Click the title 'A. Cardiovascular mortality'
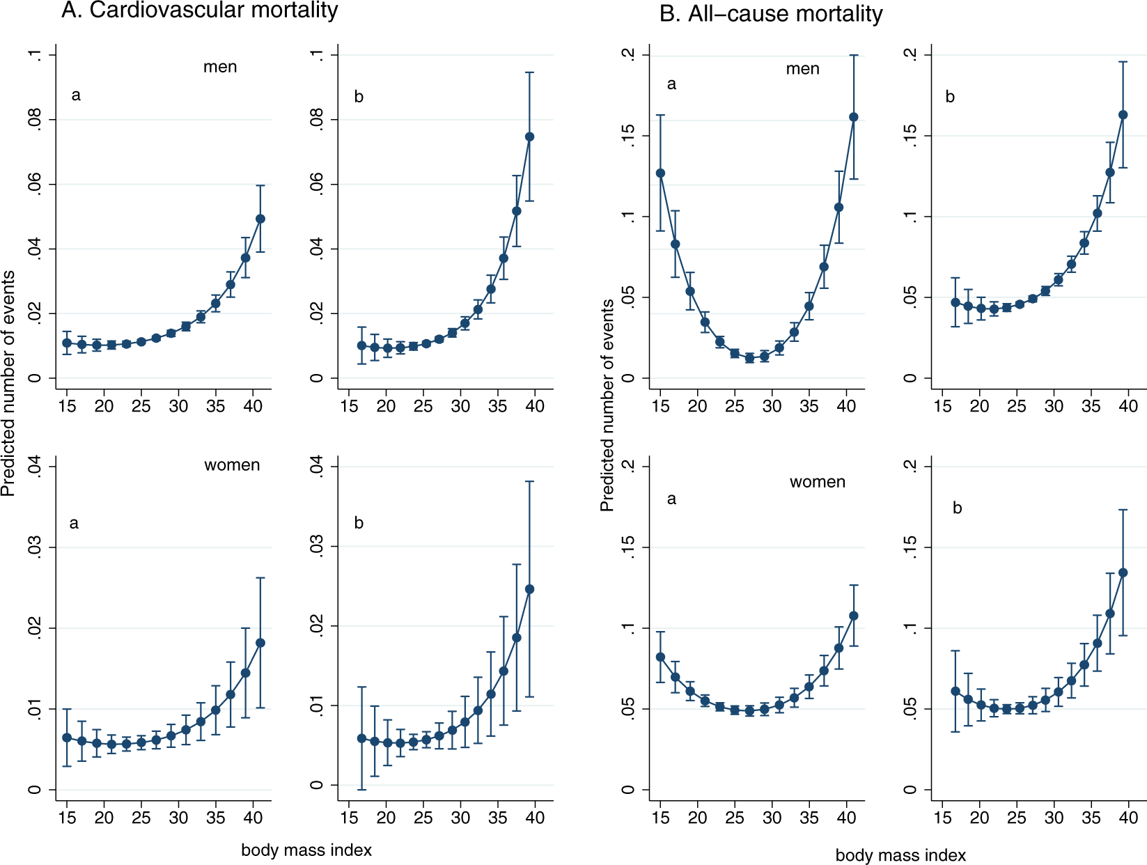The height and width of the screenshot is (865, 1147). pyautogui.click(x=199, y=10)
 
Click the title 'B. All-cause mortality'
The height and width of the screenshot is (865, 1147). pyautogui.click(x=771, y=14)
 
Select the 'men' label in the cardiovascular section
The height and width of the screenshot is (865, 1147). pyautogui.click(x=220, y=67)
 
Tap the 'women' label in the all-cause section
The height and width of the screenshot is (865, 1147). pyautogui.click(x=817, y=482)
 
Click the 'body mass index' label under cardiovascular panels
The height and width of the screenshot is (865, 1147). pyautogui.click(x=306, y=850)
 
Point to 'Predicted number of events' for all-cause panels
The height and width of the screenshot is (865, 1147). pyautogui.click(x=607, y=405)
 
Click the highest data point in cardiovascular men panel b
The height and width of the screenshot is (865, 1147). pyautogui.click(x=529, y=137)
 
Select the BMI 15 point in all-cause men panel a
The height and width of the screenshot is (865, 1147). pyautogui.click(x=660, y=173)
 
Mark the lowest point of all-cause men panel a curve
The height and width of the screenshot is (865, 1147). pyautogui.click(x=749, y=358)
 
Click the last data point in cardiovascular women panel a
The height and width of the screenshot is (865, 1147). pyautogui.click(x=260, y=643)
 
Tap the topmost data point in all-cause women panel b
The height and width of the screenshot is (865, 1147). pyautogui.click(x=1123, y=572)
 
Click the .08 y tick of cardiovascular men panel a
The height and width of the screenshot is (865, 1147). pyautogui.click(x=35, y=120)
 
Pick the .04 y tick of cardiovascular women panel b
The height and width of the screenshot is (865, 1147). pyautogui.click(x=317, y=466)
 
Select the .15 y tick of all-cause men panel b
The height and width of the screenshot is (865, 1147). pyautogui.click(x=911, y=135)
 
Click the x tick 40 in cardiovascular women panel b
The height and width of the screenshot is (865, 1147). pyautogui.click(x=535, y=818)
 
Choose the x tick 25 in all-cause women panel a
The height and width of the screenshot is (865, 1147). pyautogui.click(x=735, y=818)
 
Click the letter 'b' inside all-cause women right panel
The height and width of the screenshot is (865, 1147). pyautogui.click(x=957, y=508)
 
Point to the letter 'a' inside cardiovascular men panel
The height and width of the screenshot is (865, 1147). pyautogui.click(x=76, y=95)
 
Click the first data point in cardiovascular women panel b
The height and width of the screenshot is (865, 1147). pyautogui.click(x=361, y=738)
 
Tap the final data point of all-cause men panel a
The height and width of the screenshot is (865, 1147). pyautogui.click(x=854, y=117)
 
